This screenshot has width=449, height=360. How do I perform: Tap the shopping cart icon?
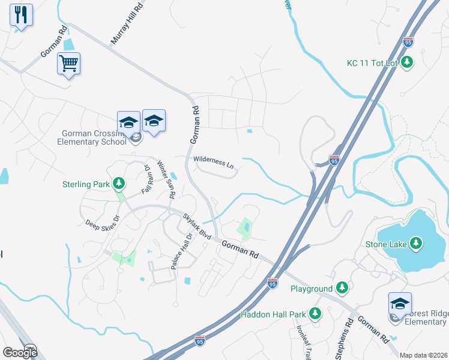69,62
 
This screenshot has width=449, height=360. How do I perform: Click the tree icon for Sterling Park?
119,183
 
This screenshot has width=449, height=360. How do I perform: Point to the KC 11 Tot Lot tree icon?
408,62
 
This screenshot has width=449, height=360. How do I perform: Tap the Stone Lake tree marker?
414,244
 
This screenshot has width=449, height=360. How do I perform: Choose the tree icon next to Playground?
342,289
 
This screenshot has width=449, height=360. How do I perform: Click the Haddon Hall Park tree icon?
315,314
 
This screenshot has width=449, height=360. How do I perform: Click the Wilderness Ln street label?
213,162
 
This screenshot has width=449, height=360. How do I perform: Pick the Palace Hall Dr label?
181,251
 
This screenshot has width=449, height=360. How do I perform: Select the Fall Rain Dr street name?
146,179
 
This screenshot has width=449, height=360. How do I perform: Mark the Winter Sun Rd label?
166,179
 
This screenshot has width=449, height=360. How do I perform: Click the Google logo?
20,353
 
